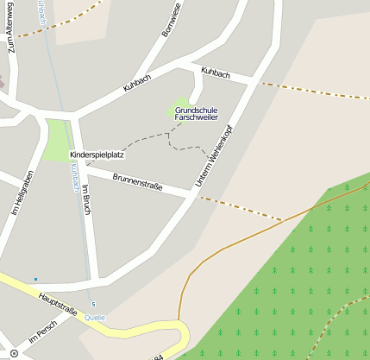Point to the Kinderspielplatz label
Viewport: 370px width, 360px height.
point(97,155)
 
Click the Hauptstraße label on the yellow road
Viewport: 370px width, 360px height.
point(58,304)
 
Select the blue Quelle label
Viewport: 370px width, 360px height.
point(95,318)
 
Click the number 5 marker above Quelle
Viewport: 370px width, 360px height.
point(92,305)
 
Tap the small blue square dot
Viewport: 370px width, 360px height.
point(35,279)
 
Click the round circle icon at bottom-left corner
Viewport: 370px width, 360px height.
point(13,352)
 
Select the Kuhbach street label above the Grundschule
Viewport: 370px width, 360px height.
point(215,73)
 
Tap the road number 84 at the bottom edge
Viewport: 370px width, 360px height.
point(156,357)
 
